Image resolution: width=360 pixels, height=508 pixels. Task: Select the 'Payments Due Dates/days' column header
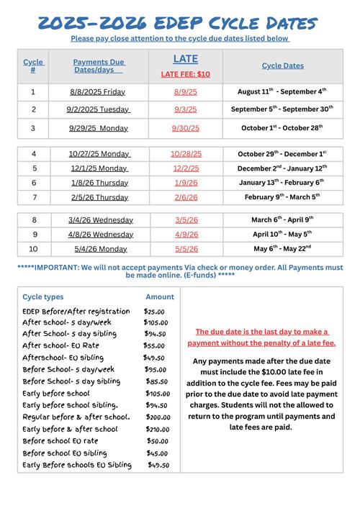point(98,65)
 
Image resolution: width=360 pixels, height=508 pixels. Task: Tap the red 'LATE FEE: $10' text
point(185,75)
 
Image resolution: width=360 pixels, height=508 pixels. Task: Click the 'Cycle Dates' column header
point(282,65)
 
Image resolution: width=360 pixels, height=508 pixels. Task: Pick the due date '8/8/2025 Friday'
point(97,92)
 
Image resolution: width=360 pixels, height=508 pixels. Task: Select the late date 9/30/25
point(185,128)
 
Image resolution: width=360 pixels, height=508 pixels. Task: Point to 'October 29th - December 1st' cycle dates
point(282,154)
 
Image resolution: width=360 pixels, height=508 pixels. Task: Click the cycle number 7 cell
point(34,197)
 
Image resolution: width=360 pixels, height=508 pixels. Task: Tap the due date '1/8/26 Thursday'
point(99,183)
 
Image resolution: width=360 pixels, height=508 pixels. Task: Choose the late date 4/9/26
point(185,235)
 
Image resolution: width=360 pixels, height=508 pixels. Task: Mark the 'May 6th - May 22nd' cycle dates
point(282,249)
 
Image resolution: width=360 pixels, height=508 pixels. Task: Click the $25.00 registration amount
point(154,312)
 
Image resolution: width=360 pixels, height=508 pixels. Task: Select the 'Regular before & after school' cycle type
point(76,417)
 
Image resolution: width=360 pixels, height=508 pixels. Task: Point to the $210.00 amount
point(157,429)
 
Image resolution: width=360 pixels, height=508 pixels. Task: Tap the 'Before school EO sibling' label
point(65,453)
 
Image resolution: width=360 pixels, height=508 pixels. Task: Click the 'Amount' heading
point(160,296)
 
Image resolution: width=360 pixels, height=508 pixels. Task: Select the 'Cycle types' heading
point(43,296)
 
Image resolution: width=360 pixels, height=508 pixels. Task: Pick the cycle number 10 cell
point(34,249)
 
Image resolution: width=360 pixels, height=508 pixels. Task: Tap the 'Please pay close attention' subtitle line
point(180,38)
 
